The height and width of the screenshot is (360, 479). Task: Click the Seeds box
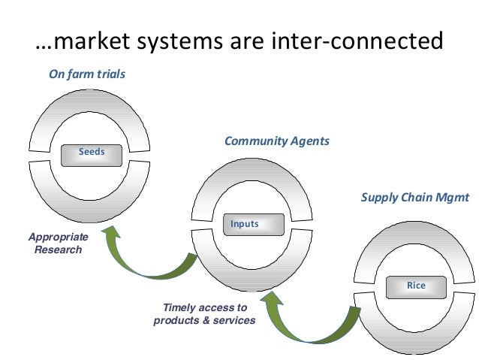click(92, 153)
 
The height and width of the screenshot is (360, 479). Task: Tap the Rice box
click(415, 286)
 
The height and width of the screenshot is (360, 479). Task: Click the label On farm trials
click(87, 74)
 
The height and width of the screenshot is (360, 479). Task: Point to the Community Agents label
click(276, 141)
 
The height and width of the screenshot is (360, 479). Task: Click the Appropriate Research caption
click(58, 243)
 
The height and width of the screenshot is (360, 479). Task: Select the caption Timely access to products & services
click(204, 313)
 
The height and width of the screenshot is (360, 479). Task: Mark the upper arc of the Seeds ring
click(88, 106)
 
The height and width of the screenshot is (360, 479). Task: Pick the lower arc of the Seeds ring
click(88, 199)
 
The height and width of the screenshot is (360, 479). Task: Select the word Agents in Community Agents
click(308, 141)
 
